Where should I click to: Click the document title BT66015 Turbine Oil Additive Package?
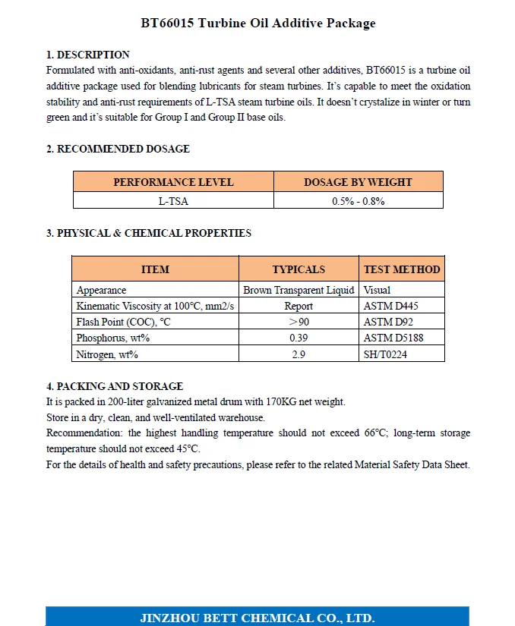[x=257, y=24]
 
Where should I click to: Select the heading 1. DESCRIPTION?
[x=88, y=55]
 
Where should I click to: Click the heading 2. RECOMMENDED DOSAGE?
[x=118, y=149]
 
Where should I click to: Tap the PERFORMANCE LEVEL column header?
[x=173, y=182]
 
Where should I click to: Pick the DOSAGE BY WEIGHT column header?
[x=358, y=182]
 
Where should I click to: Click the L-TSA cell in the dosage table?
[x=173, y=201]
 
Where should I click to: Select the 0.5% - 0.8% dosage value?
[x=358, y=201]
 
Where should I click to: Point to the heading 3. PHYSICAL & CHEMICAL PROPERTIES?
[x=149, y=233]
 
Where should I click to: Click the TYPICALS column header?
[x=299, y=269]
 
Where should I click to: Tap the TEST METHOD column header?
[x=402, y=269]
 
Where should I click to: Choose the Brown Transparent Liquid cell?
[x=299, y=290]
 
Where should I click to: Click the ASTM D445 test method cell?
[x=391, y=307]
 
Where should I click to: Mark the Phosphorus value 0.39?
[x=299, y=338]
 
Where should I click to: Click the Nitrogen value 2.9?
[x=299, y=354]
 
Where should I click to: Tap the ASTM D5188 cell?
[x=393, y=338]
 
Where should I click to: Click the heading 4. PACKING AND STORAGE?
[x=115, y=386]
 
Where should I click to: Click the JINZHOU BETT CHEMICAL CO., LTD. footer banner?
[x=257, y=617]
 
